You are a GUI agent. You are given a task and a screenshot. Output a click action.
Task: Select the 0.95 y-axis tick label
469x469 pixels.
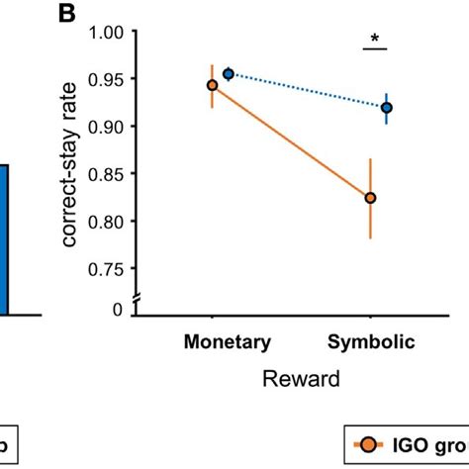pos(107,79)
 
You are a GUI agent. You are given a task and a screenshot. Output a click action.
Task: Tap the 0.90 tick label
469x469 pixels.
pos(107,127)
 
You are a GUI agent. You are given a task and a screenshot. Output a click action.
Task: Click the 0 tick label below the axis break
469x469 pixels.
pos(118,310)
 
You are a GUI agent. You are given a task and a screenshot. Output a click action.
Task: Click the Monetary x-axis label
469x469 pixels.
pos(227,342)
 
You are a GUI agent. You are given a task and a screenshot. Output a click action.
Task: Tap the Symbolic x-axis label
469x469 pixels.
pos(372,342)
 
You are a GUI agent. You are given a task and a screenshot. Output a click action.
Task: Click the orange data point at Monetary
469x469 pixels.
pos(212,85)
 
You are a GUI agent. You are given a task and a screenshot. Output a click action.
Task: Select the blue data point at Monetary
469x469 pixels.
pos(229,73)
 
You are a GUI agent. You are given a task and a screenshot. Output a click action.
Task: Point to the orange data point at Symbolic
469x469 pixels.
pos(371,198)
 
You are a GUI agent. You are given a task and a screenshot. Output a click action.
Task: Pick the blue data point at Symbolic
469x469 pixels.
pos(387,108)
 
